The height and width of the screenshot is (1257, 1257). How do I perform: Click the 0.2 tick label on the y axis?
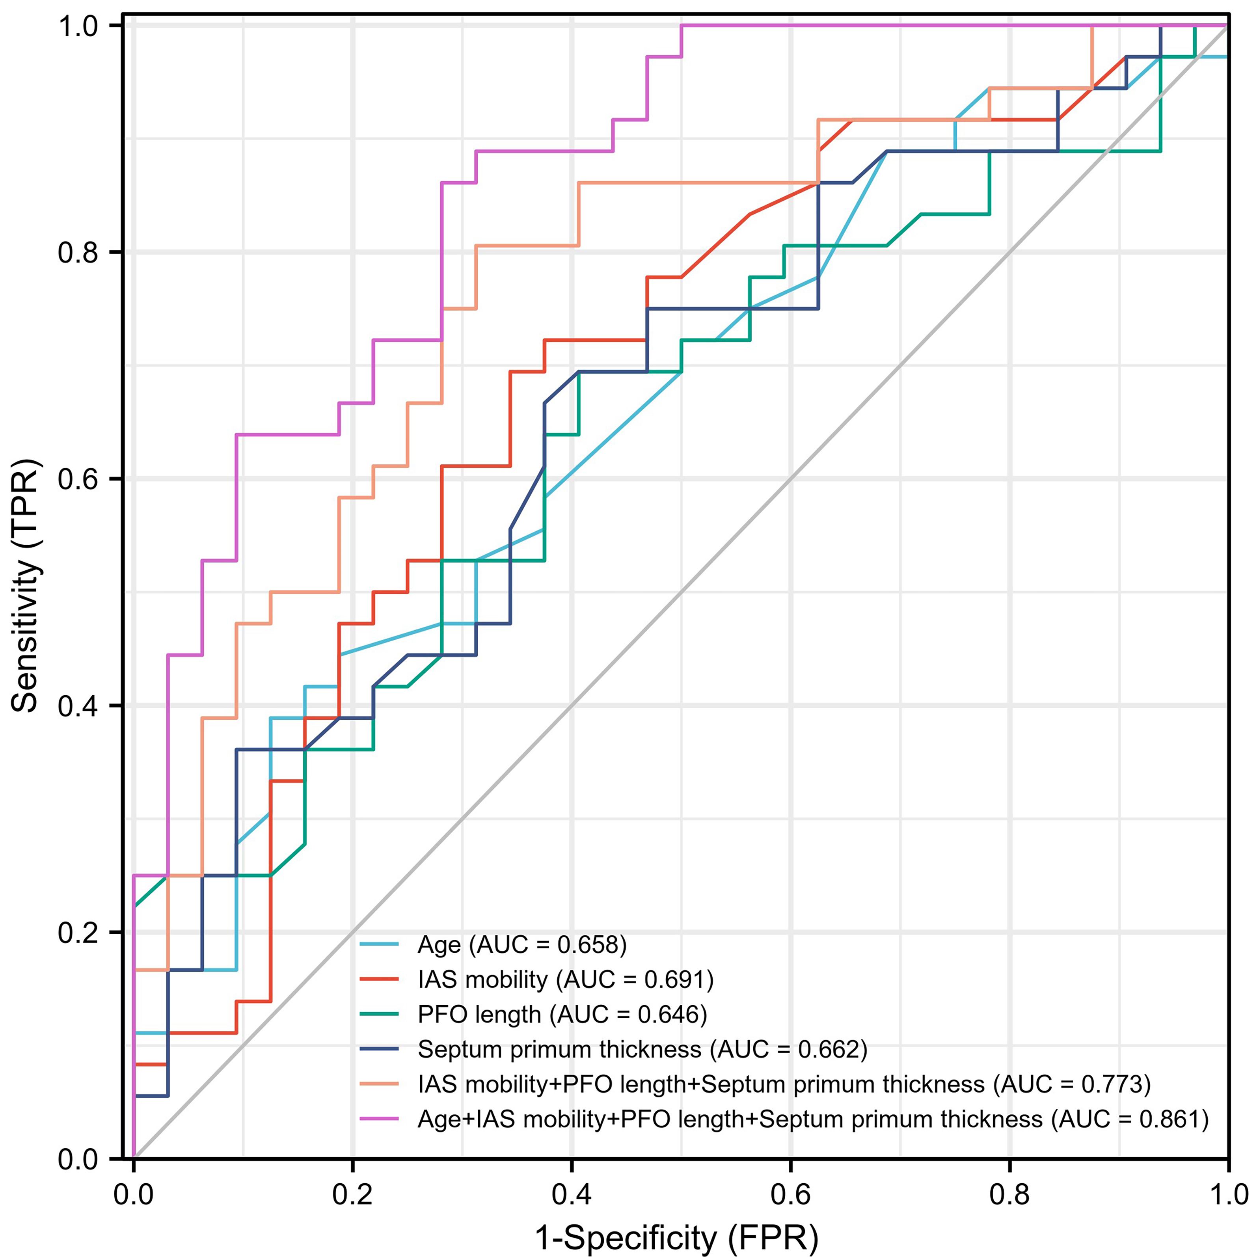pos(78,932)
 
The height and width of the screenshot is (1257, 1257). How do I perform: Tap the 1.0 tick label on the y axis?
pos(78,27)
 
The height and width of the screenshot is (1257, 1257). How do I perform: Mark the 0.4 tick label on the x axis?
pos(571,1195)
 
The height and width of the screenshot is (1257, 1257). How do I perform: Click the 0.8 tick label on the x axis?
pos(1009,1195)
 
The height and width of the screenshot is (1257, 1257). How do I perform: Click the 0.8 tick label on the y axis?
pos(78,252)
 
